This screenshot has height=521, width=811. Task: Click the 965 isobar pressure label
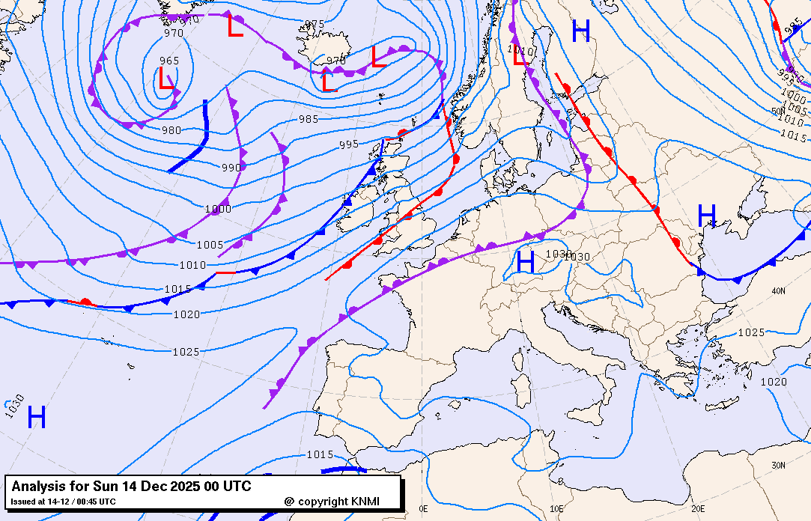169,61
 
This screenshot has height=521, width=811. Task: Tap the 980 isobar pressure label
171,130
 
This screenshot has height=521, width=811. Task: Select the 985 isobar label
309,119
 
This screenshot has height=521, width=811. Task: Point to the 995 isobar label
349,144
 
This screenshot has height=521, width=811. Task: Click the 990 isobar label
231,168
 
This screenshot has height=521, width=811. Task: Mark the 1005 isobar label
210,245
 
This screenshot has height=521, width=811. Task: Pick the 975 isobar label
315,24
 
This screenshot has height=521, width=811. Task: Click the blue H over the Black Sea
707,216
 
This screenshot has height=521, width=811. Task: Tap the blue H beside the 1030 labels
526,262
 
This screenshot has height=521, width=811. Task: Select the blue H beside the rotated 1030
37,417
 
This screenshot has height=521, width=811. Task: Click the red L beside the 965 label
166,79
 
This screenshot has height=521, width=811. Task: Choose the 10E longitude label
556,508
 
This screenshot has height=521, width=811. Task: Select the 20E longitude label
698,508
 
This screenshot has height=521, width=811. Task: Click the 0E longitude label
424,508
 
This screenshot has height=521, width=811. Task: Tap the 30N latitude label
779,466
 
